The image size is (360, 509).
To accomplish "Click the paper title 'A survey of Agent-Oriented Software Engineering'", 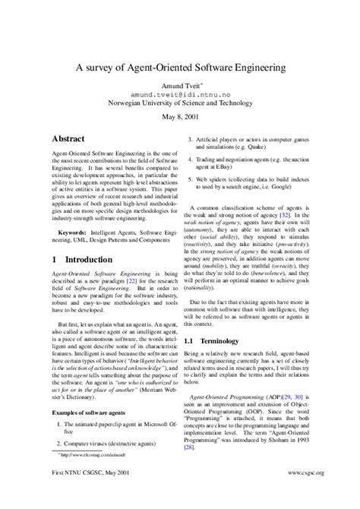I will (180, 68).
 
